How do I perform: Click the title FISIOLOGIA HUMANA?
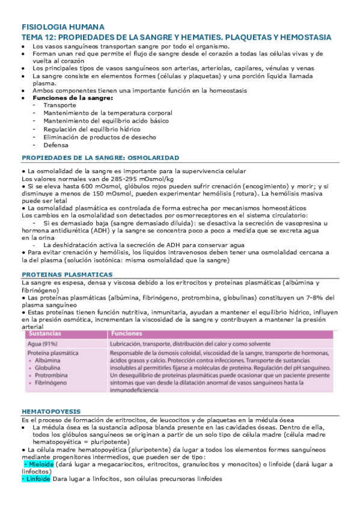63,27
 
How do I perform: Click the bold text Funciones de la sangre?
69,97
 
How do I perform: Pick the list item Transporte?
59,105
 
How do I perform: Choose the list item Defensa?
55,144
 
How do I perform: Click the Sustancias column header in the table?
45,333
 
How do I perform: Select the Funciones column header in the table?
126,333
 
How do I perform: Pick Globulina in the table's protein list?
47,367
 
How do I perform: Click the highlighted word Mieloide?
37,464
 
